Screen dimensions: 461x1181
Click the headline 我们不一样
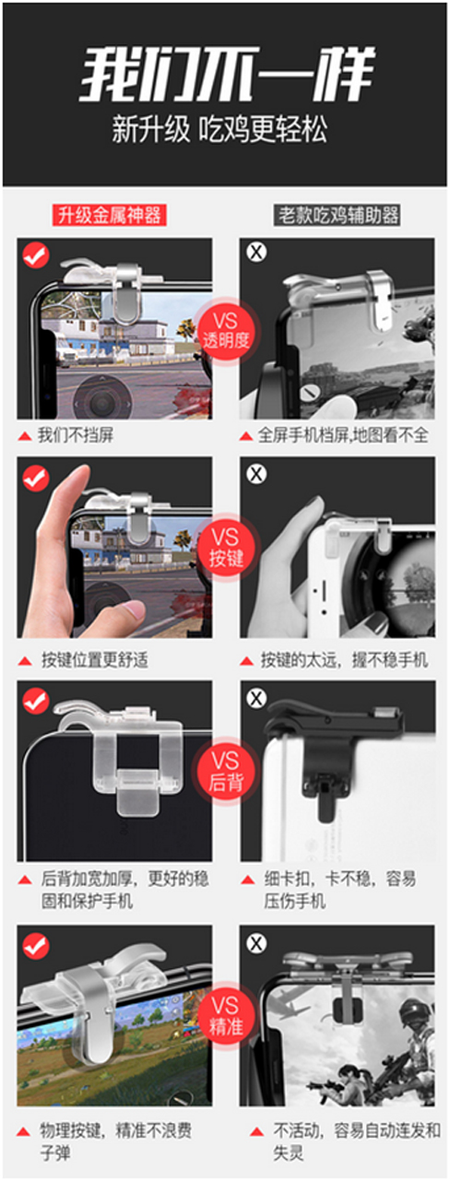(228, 75)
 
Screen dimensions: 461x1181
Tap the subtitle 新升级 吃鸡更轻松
(219, 130)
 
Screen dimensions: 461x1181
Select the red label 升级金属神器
(109, 215)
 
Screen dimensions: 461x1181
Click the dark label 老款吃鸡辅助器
(337, 215)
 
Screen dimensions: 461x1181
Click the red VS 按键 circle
(226, 548)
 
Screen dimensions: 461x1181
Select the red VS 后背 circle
(226, 771)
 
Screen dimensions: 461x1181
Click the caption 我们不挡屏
(76, 435)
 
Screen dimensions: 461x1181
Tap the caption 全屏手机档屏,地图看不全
(343, 435)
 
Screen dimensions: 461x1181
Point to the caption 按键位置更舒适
(95, 659)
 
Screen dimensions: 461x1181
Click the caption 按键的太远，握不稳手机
(345, 659)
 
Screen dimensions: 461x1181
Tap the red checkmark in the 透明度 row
(36, 254)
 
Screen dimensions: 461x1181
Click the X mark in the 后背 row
(257, 699)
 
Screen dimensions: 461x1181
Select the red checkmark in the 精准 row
(36, 945)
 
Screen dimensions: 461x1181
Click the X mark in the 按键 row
(257, 474)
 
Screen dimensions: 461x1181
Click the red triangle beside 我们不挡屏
(24, 436)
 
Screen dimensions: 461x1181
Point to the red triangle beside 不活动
(257, 1131)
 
